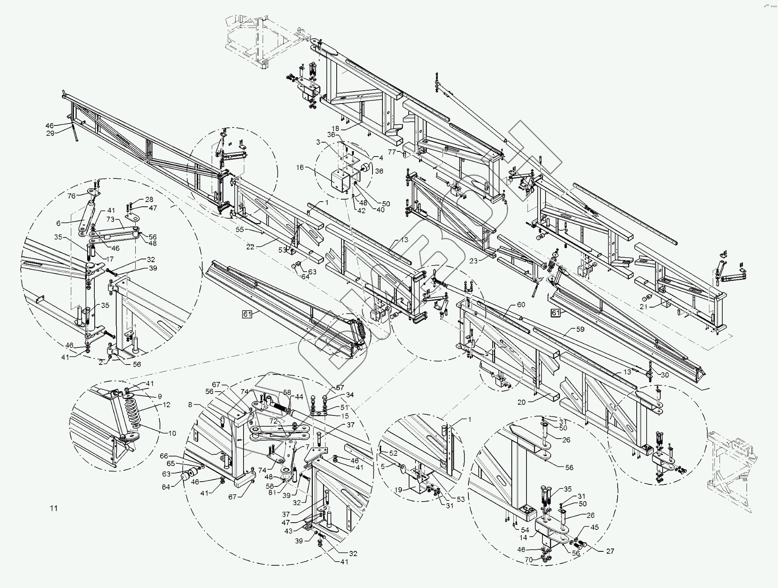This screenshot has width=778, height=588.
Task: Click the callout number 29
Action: pyautogui.click(x=50, y=133)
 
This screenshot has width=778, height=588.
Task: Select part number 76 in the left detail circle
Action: pyautogui.click(x=71, y=196)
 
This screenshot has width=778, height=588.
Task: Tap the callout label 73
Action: pyautogui.click(x=110, y=220)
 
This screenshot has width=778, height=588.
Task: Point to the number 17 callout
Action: pyautogui.click(x=109, y=259)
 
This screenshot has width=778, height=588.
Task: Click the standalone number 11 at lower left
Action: pyautogui.click(x=54, y=508)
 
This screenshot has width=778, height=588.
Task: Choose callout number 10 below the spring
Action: pyautogui.click(x=172, y=433)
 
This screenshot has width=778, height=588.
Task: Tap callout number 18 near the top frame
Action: pyautogui.click(x=335, y=128)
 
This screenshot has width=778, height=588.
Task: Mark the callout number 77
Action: pyautogui.click(x=392, y=152)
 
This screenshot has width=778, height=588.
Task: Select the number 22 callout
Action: pyautogui.click(x=250, y=247)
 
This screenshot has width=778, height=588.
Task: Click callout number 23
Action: pyautogui.click(x=473, y=261)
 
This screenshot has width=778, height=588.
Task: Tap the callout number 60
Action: pyautogui.click(x=521, y=304)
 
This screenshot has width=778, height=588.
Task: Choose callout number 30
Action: pyautogui.click(x=665, y=375)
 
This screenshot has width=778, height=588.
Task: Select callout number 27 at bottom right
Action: pyautogui.click(x=610, y=551)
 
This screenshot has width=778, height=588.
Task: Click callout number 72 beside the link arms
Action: pyautogui.click(x=273, y=421)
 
